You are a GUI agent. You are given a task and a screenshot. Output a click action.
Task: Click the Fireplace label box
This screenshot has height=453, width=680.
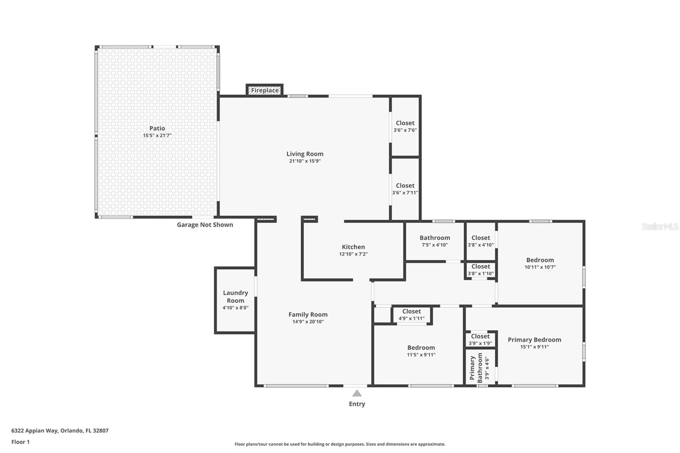[264, 90]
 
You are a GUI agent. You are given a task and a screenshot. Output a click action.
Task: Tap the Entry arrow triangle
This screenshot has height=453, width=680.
[357, 394]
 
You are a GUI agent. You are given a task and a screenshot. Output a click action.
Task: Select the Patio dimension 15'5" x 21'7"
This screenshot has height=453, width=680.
[157, 136]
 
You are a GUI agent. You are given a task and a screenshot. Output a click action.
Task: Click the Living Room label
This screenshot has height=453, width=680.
[305, 154]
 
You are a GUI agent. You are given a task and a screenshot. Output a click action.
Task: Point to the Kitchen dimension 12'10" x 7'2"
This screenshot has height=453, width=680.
[353, 254]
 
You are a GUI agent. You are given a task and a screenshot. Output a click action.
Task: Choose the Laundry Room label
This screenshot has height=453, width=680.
[235, 297]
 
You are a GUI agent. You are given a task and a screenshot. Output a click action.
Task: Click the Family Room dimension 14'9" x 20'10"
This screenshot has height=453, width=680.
[308, 322]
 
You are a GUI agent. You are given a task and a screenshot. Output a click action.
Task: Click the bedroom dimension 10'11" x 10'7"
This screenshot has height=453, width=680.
[540, 267]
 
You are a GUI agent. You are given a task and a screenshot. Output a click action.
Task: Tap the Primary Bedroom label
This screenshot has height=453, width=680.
[534, 340]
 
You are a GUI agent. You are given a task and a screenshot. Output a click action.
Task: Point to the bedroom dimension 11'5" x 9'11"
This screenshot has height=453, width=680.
[421, 355]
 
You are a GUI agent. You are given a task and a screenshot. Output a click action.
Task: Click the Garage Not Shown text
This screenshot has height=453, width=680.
[205, 225]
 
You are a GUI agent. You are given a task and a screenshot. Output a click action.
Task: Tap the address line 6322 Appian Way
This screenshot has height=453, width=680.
[60, 430]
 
